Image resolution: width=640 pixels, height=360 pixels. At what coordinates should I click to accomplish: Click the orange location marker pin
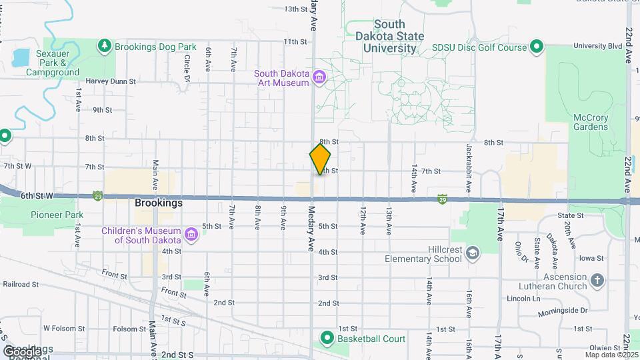pyautogui.click(x=320, y=159)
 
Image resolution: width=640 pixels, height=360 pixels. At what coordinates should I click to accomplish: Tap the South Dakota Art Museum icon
pyautogui.click(x=319, y=78)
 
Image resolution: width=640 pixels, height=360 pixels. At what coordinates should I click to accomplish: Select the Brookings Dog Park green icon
pyautogui.click(x=104, y=46)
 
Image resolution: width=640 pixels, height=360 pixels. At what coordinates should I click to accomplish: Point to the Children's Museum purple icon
pyautogui.click(x=191, y=235)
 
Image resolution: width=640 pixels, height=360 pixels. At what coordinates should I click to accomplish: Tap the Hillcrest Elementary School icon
pyautogui.click(x=472, y=253)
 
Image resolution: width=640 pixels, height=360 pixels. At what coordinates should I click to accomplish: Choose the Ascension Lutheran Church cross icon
pyautogui.click(x=597, y=281)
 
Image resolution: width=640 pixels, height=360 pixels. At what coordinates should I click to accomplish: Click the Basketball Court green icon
pyautogui.click(x=327, y=338)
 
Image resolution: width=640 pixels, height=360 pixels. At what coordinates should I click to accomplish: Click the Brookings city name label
pyautogui.click(x=158, y=203)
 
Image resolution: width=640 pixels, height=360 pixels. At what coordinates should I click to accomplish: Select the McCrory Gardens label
pyautogui.click(x=591, y=122)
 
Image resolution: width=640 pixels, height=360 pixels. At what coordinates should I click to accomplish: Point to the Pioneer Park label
pyautogui.click(x=57, y=215)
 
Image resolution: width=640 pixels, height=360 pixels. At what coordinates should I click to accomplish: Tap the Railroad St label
pyautogui.click(x=21, y=283)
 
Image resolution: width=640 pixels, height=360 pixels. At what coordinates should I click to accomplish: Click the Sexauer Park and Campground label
pyautogui.click(x=53, y=67)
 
